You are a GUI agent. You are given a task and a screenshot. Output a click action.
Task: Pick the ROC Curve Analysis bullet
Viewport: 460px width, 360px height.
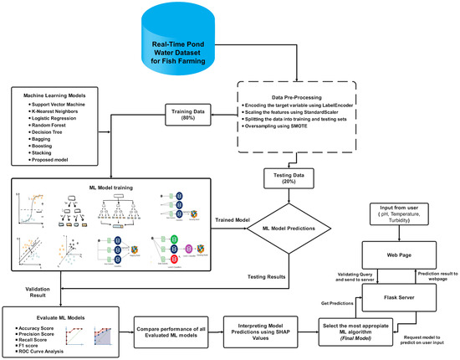[x=43, y=349]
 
